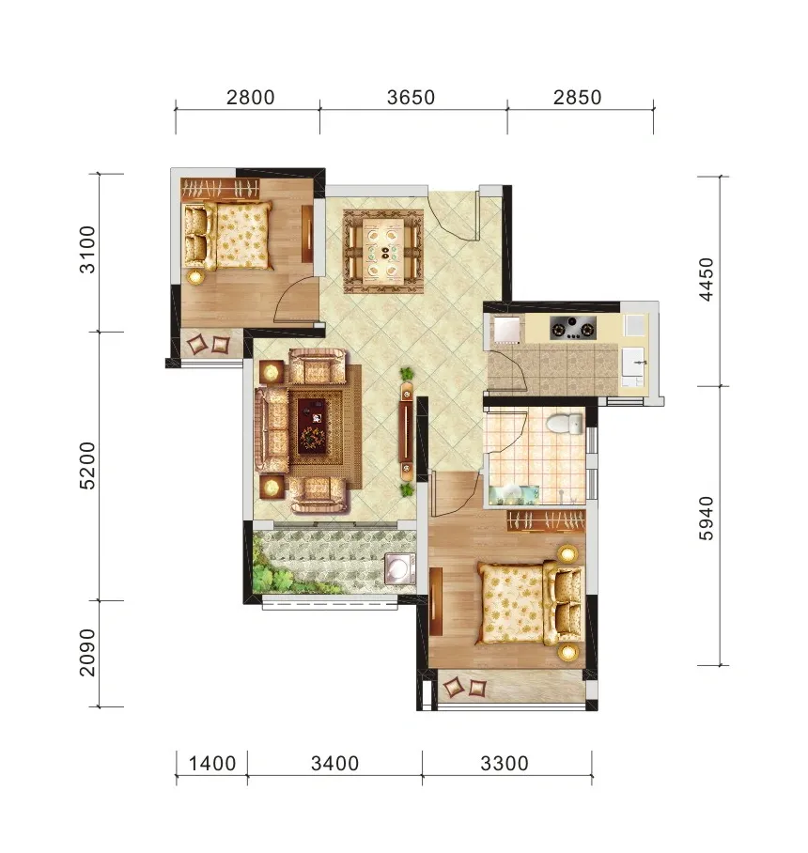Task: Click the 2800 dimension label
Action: click(x=250, y=98)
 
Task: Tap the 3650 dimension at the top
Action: click(x=411, y=98)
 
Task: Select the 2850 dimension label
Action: click(x=577, y=98)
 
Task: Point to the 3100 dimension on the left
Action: click(x=87, y=249)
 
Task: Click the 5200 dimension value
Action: click(x=87, y=466)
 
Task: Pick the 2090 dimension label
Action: click(x=87, y=653)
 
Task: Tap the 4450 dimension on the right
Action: click(x=706, y=279)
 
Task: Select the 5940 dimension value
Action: click(x=706, y=518)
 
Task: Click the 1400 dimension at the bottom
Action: click(x=212, y=763)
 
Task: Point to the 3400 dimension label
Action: click(x=334, y=763)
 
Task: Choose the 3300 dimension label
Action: click(x=505, y=763)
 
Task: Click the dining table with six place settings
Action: click(x=383, y=252)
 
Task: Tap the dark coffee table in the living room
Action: click(x=312, y=426)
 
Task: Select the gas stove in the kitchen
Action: click(x=572, y=328)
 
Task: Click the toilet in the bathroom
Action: click(x=565, y=424)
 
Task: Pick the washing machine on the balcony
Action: click(x=400, y=568)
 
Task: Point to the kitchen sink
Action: click(x=633, y=362)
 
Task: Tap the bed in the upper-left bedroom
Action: click(x=228, y=236)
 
